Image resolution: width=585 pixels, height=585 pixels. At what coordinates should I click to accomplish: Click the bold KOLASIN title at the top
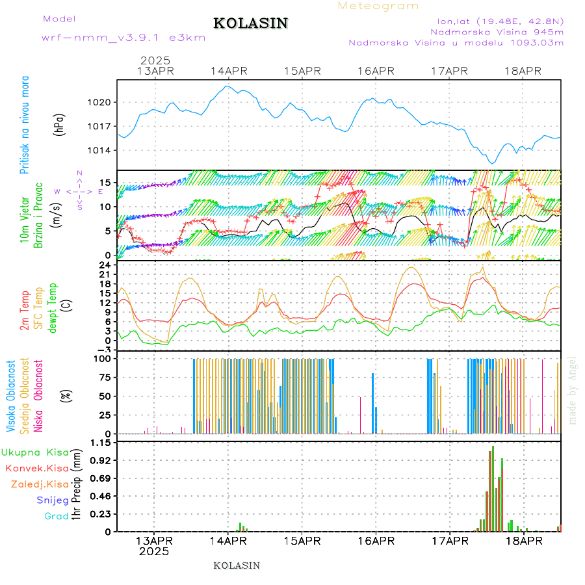250,23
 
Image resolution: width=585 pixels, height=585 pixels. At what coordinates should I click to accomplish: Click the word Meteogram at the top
378,6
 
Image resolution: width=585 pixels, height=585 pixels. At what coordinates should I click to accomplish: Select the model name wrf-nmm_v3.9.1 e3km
123,38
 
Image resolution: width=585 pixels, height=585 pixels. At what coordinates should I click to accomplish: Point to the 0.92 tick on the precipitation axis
100,460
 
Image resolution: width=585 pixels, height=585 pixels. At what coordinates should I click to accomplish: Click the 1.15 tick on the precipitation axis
100,443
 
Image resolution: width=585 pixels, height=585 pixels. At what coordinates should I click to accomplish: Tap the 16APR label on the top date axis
376,71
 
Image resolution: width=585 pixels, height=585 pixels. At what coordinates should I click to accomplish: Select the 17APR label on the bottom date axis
449,541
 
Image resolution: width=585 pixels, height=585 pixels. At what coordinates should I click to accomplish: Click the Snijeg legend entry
52,500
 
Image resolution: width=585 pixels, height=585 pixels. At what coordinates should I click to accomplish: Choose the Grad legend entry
56,516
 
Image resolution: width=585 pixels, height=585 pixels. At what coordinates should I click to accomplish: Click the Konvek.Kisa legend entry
37,468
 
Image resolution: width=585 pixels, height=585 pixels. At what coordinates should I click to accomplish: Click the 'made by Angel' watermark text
573,390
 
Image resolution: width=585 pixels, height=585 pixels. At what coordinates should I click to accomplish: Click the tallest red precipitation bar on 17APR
493,488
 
